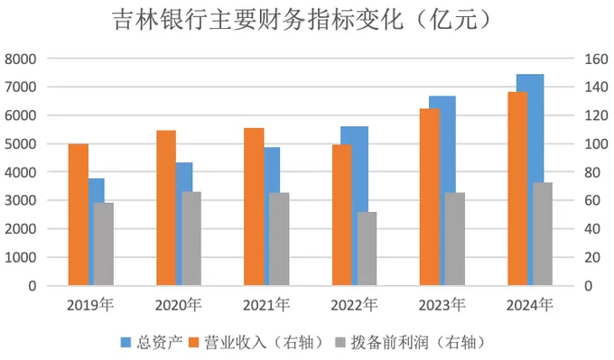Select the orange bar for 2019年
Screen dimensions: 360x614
pyautogui.click(x=79, y=215)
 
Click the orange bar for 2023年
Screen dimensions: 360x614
pyautogui.click(x=430, y=197)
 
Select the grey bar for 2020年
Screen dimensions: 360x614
pyautogui.click(x=191, y=238)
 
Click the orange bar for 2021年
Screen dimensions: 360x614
pyautogui.click(x=254, y=207)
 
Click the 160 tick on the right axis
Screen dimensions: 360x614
pyautogui.click(x=595, y=59)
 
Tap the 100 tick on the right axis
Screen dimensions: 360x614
pyautogui.click(x=595, y=144)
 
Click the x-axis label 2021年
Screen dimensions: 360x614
pyautogui.click(x=267, y=304)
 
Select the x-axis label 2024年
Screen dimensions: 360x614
pyautogui.click(x=529, y=304)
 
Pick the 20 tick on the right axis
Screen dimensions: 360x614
pyautogui.click(x=592, y=257)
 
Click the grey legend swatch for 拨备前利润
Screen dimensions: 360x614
pyautogui.click(x=340, y=342)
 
